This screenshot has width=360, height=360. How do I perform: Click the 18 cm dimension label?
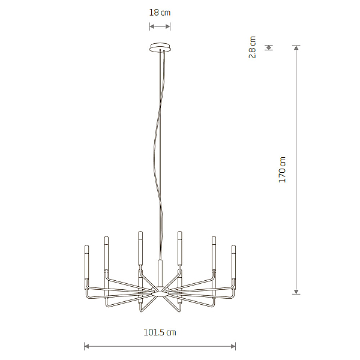click(x=160, y=13)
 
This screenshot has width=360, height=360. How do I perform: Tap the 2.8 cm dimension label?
click(x=253, y=47)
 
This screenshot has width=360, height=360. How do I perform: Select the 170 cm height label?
click(x=282, y=170)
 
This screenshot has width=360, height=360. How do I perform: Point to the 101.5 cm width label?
click(x=160, y=332)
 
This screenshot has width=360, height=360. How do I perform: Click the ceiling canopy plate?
click(x=160, y=47)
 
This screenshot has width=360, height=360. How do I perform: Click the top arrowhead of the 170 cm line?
click(x=296, y=48)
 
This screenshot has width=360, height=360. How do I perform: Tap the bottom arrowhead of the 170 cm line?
click(x=296, y=292)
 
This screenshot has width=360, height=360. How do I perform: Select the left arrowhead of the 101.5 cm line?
click(x=87, y=346)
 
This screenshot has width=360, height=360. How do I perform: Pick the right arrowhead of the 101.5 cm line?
click(x=233, y=346)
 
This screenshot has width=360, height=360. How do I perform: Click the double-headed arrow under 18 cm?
click(x=160, y=26)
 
